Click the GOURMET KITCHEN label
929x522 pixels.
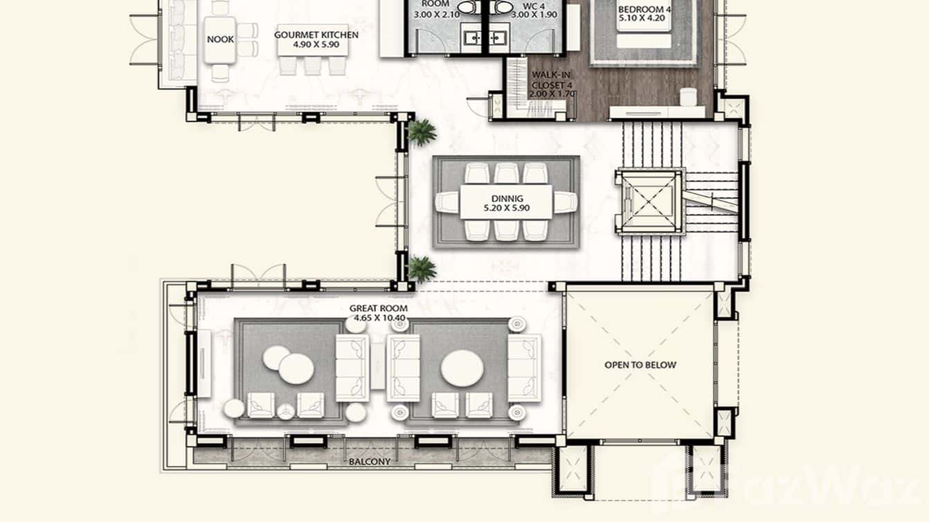316,35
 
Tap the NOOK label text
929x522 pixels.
220,39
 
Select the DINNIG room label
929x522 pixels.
506,198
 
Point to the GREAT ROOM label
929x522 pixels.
378,309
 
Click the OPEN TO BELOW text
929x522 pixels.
640,365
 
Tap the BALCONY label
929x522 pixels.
370,462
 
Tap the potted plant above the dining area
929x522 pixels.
422,132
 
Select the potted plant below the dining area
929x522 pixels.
422,269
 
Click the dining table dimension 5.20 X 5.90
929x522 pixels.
506,207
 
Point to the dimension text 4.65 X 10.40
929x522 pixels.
377,318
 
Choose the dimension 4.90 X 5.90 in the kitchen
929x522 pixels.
316,44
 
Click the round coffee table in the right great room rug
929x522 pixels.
463,368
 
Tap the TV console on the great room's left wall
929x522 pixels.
204,363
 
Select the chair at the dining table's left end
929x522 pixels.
447,202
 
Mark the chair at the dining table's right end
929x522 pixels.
566,202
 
